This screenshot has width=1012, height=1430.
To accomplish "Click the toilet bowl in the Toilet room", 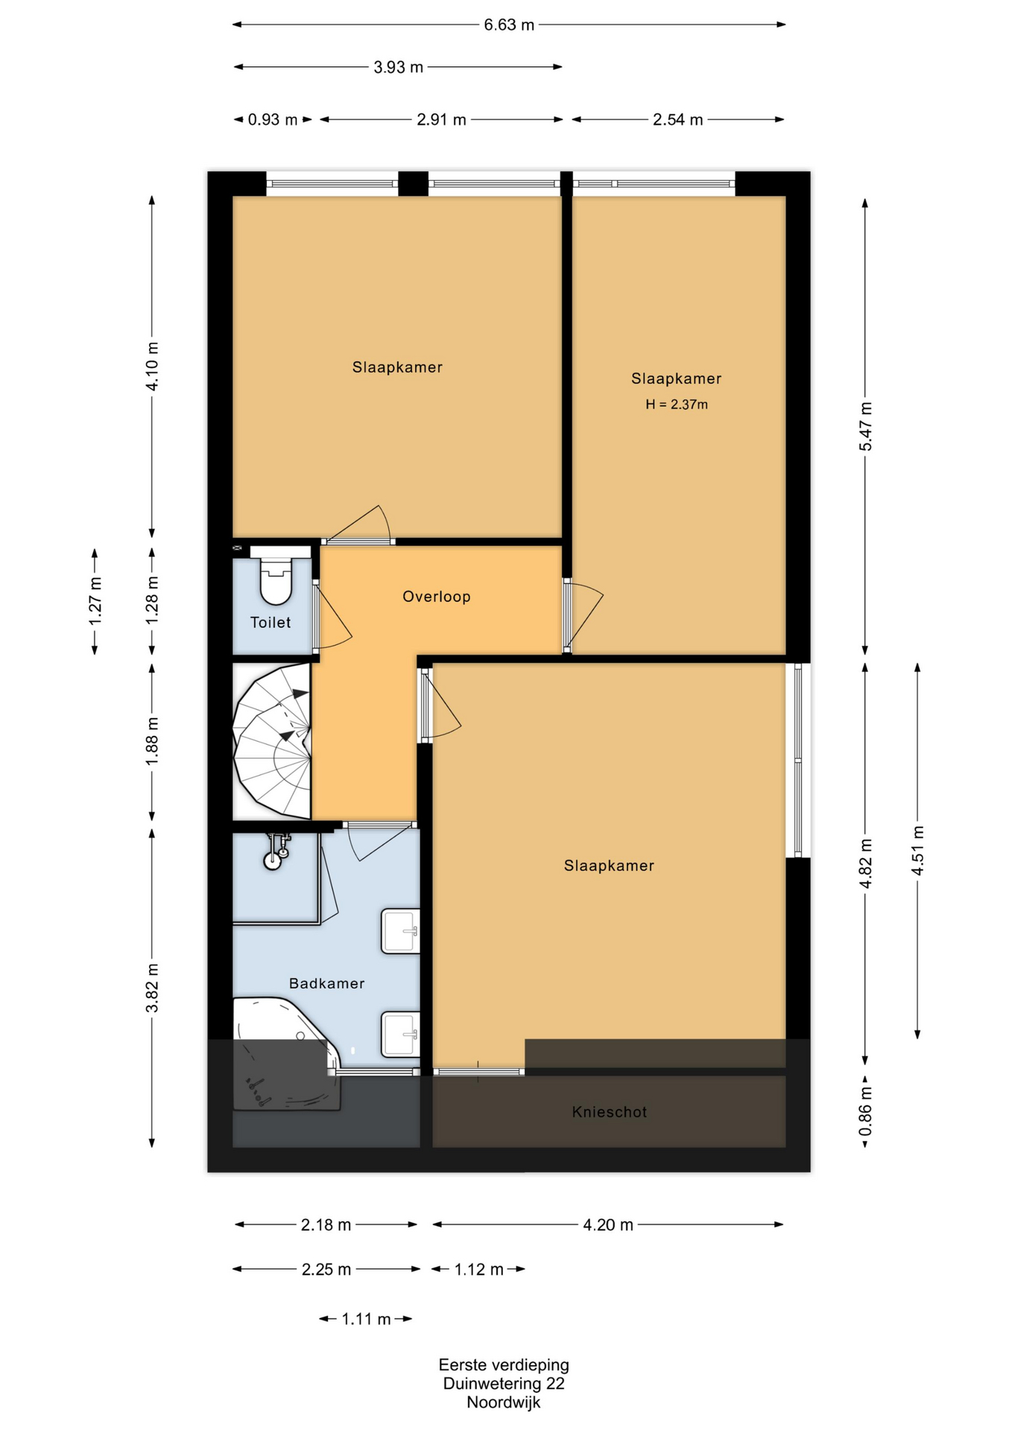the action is click(276, 577).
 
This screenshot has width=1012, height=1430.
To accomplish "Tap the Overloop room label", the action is click(437, 597).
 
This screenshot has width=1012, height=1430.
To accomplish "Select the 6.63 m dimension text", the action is click(509, 25).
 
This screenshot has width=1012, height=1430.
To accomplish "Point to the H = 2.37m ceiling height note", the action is click(677, 404).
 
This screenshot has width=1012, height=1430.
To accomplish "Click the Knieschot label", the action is click(610, 1112).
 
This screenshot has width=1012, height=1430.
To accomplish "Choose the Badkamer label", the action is click(327, 983).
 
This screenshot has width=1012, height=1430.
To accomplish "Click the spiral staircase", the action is click(272, 742).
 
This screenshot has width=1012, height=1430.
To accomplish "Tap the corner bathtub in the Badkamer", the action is click(287, 1054).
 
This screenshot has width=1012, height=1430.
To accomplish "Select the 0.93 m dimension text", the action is click(273, 120).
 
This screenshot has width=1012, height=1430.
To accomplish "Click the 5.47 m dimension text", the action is click(865, 426).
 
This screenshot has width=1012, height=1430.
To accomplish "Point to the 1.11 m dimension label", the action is click(366, 1319).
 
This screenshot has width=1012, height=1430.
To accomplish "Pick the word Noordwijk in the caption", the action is click(504, 1402).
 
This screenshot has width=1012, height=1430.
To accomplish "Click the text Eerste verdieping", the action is click(504, 1364).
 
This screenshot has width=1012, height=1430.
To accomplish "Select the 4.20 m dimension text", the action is click(608, 1225).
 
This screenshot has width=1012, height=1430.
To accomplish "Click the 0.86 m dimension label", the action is click(865, 1110).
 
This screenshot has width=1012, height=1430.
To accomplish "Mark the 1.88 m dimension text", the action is click(152, 741).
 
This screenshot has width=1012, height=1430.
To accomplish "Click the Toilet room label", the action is click(271, 623).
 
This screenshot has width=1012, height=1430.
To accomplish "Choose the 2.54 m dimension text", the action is click(678, 120).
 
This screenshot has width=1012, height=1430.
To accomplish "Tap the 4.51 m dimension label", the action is click(917, 851).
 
